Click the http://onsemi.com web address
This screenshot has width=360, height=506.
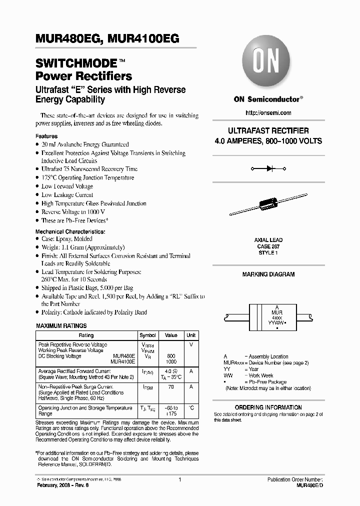coord(267,113)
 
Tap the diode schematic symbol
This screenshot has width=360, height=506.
coord(268,169)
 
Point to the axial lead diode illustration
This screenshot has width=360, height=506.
coord(268,206)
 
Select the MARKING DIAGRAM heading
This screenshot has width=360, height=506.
coord(268,274)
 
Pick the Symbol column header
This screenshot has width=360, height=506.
coord(147,335)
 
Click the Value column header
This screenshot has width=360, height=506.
coord(171,335)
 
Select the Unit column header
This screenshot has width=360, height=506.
coord(191,335)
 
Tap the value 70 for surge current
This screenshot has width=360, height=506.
coord(171,387)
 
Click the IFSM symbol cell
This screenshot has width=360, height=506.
coord(147,388)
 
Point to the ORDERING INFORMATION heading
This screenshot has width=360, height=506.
coord(268,407)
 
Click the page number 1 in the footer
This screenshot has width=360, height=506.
coord(179,479)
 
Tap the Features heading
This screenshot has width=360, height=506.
coord(46,136)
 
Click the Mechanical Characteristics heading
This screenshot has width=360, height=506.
coord(70,232)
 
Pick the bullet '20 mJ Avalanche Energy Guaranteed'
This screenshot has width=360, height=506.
coord(85,144)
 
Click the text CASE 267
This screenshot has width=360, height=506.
coord(268,246)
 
